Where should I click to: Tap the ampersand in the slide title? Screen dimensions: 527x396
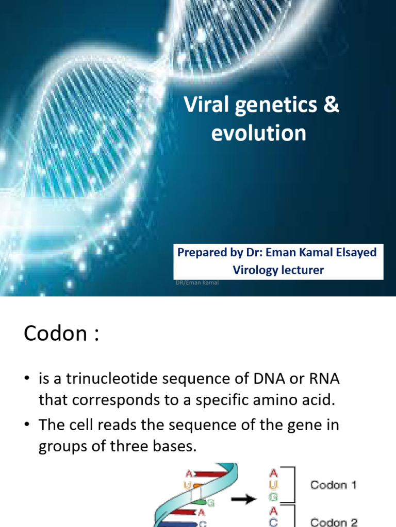(x=332, y=107)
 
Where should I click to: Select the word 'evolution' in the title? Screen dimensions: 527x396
(x=259, y=133)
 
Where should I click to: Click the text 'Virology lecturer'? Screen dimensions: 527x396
(x=278, y=270)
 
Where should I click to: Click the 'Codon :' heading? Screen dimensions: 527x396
(x=60, y=334)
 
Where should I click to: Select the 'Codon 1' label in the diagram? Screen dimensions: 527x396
(x=333, y=485)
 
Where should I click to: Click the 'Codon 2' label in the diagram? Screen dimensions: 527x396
(x=333, y=522)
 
